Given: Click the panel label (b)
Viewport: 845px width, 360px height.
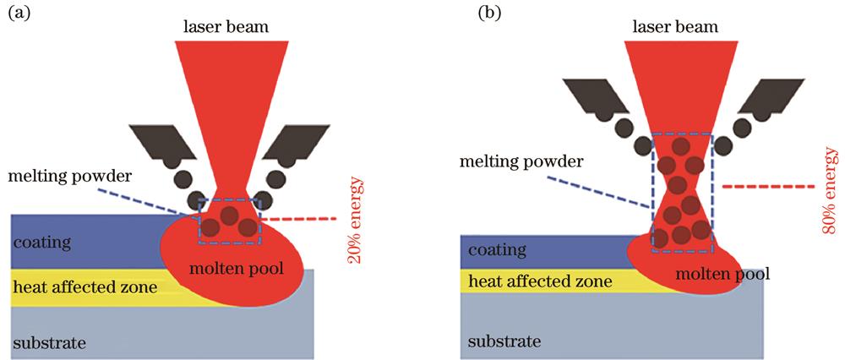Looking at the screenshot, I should (x=443, y=14).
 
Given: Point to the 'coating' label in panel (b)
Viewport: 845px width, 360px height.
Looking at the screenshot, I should (x=497, y=251).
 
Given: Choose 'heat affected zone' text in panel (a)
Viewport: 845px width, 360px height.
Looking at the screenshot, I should (x=84, y=288).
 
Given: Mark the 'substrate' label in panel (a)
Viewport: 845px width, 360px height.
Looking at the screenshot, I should (x=50, y=342).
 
